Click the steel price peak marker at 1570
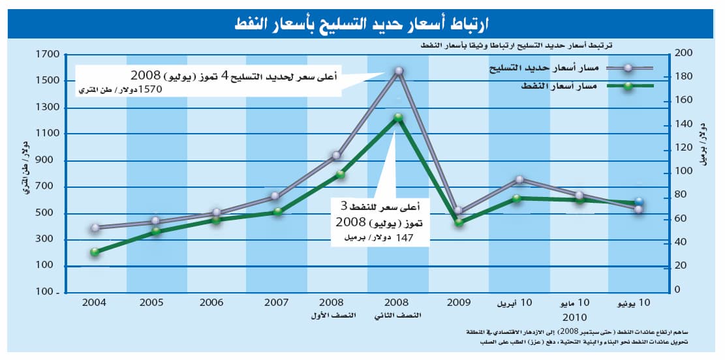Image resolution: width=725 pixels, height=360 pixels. [399, 70]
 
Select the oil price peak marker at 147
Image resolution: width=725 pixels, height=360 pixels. [398, 118]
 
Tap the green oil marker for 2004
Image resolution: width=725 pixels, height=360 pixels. [95, 252]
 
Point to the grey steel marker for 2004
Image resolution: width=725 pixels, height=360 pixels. [95, 228]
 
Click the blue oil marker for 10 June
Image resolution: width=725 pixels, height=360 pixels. [639, 202]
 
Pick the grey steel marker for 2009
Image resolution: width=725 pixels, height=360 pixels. [459, 211]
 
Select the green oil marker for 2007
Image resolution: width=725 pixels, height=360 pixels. [277, 212]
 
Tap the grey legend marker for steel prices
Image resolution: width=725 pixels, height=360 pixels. [627, 68]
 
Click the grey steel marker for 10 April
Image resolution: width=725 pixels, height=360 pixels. [519, 179]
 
